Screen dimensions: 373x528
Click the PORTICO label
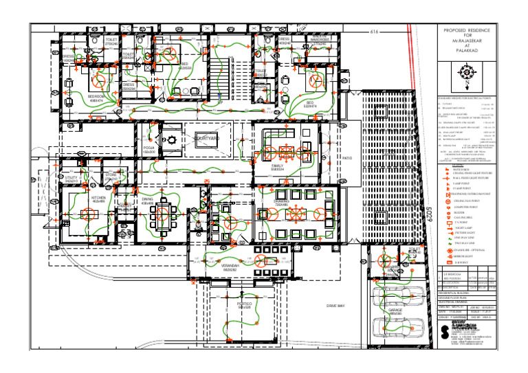(244, 304)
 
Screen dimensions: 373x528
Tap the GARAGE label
(395, 311)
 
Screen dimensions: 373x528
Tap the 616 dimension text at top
(375, 32)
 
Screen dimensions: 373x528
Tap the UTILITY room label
(71, 179)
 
